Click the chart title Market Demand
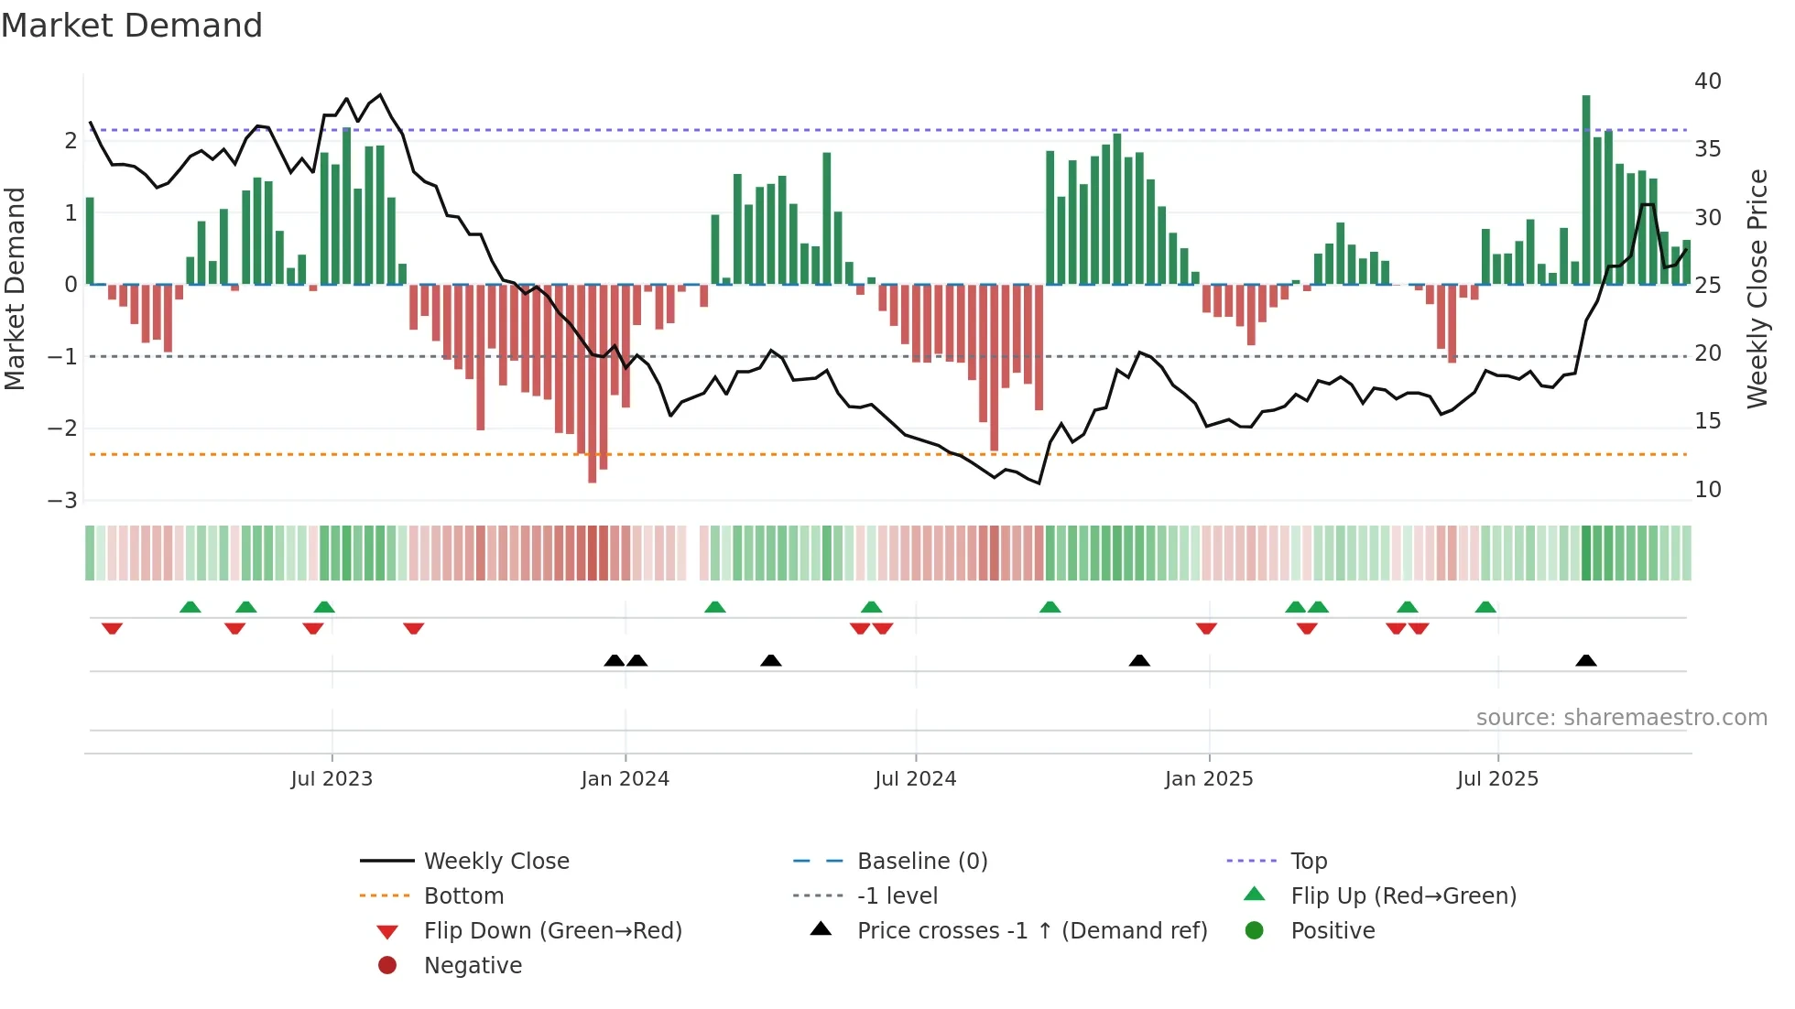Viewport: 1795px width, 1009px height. [132, 26]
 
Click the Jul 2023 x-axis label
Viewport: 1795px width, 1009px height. [332, 779]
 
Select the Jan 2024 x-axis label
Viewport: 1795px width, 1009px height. [625, 779]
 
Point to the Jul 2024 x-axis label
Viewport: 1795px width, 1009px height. [915, 779]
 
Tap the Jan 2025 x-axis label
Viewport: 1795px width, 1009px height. [1209, 779]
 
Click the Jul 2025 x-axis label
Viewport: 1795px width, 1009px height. [1497, 779]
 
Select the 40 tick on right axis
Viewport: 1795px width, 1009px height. [1707, 81]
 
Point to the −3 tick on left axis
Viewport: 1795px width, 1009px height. [62, 501]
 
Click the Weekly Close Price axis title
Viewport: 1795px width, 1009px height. [1757, 288]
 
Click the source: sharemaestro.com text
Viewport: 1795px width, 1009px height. [1621, 718]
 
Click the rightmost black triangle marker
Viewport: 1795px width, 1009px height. [1586, 661]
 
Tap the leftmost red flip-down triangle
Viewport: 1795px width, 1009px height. [112, 628]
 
